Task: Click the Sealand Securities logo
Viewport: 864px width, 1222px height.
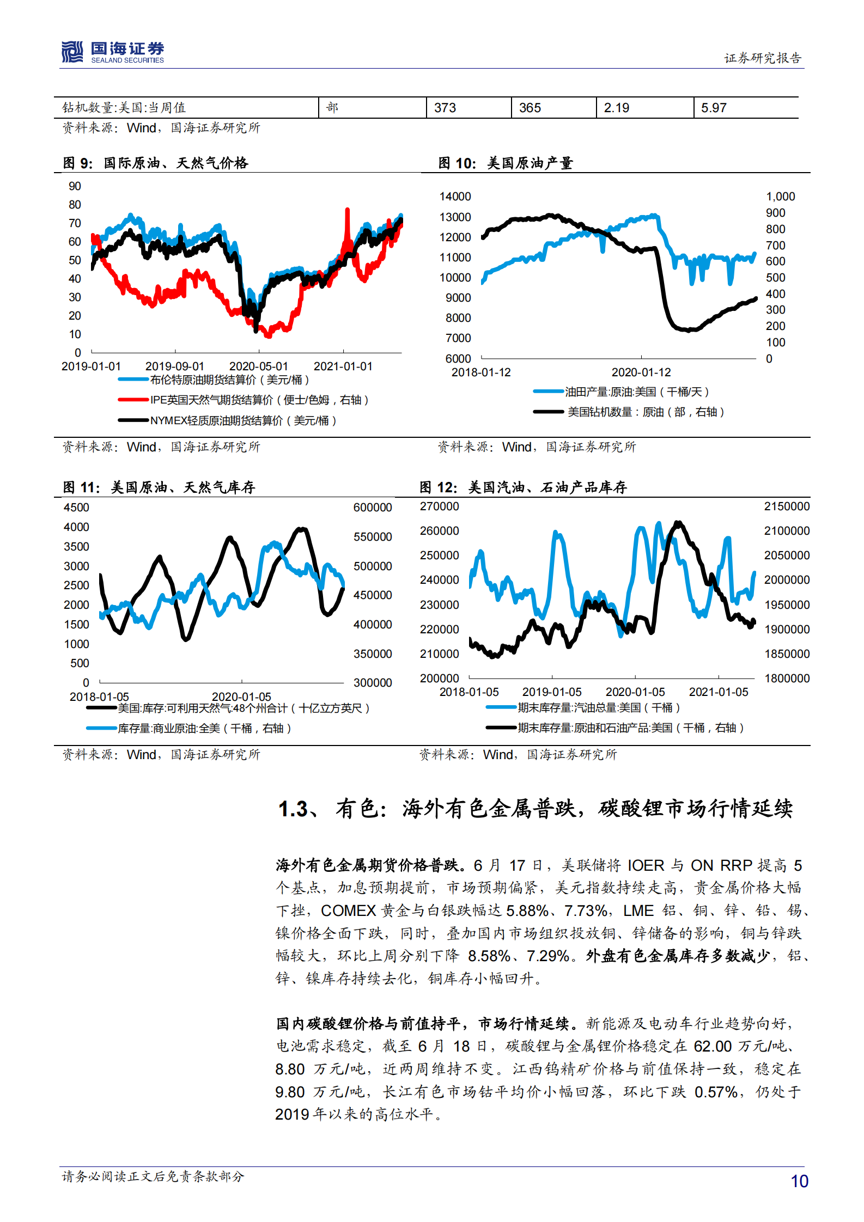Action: click(x=112, y=52)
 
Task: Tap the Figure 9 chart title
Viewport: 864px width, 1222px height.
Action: click(x=156, y=163)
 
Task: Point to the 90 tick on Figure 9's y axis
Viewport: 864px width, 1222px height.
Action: click(x=75, y=186)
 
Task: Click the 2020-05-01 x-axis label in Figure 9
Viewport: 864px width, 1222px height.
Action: click(x=258, y=366)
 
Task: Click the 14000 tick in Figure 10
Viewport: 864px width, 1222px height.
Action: click(x=455, y=197)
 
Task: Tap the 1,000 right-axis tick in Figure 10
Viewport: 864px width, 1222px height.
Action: click(x=780, y=197)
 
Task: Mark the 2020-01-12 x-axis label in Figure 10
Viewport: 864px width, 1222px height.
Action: click(x=641, y=372)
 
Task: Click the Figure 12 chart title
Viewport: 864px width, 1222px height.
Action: click(x=523, y=487)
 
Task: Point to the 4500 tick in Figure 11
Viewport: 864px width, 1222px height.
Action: click(x=76, y=508)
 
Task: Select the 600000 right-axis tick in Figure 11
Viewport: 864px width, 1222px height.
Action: click(x=373, y=508)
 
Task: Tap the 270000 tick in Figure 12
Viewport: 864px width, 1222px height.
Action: click(x=439, y=506)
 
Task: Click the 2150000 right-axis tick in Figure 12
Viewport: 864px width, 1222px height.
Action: click(x=787, y=506)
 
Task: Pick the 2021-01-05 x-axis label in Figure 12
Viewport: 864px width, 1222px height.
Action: click(x=719, y=692)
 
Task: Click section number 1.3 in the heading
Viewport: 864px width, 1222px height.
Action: click(x=294, y=809)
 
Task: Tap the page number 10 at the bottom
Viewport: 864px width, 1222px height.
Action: click(x=799, y=1181)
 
